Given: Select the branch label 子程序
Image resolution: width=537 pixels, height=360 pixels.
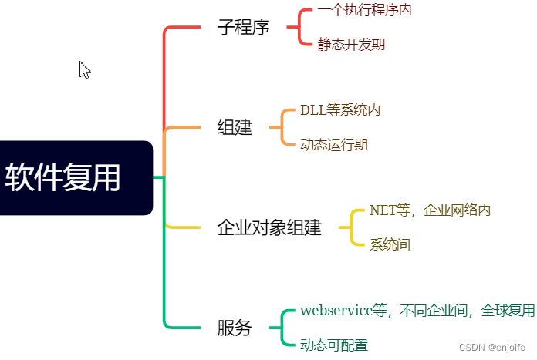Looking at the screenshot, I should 243,28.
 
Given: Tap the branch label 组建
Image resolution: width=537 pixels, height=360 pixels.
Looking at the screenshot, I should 235,128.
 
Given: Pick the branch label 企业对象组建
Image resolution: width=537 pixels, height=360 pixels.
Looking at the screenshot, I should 269,228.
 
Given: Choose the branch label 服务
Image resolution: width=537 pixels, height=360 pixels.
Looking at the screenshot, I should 235,328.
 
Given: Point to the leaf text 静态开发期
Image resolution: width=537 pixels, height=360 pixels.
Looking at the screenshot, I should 351,45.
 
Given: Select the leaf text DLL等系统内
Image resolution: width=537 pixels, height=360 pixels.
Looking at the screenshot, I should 340,110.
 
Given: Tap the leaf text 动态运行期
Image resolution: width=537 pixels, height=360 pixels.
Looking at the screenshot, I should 334,145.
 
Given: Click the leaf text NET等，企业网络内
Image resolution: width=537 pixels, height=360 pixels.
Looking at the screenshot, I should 431,210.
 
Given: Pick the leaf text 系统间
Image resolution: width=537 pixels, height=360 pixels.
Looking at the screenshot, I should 390,245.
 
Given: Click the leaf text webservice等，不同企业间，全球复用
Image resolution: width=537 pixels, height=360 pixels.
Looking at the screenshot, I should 417,311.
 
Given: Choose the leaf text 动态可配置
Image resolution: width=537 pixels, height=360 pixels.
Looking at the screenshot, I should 334,345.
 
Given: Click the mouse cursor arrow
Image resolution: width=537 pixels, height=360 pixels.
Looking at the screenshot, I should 84,70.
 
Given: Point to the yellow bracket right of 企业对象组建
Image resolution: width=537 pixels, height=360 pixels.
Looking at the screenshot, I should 353,228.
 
